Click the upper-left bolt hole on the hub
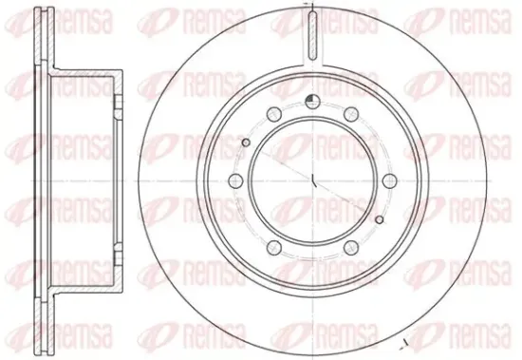pos(274,114)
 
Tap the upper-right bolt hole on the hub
pos(351,114)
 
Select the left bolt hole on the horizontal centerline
pos(236,181)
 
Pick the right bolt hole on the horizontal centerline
pos(389,181)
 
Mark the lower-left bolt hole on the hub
pos(274,247)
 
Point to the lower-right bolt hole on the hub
pos(351,247)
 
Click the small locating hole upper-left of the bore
pos(246,142)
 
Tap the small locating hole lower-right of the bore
pos(380,219)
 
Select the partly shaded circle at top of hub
pos(312,102)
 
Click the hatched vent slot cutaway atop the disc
pos(312,35)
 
